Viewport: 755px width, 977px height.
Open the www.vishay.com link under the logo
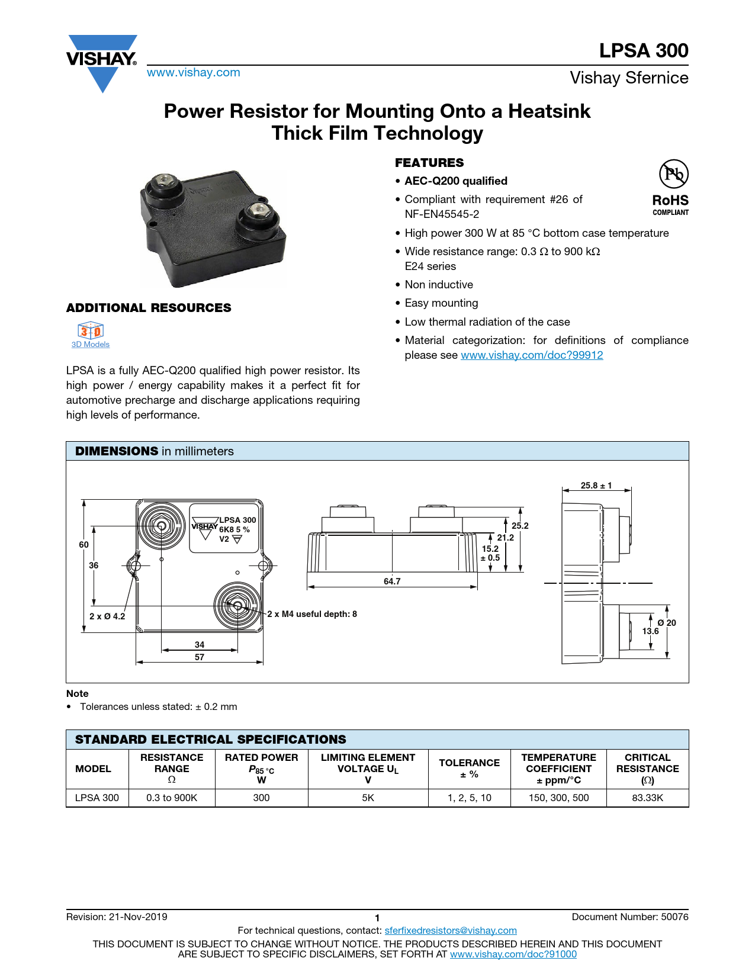pos(194,73)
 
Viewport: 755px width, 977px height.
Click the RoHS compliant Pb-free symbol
pos(673,174)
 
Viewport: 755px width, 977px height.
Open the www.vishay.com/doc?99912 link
pos(532,355)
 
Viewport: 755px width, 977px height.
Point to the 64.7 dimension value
pos(392,581)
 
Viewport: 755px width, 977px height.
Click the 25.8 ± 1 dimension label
pos(596,486)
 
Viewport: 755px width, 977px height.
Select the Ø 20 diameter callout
pos(666,623)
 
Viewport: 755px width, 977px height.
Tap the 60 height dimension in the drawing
pos(83,545)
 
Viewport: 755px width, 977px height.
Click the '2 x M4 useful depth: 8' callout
pos(312,614)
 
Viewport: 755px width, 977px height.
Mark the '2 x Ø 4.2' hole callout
pos(107,616)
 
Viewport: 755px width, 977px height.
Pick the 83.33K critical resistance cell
pos(647,798)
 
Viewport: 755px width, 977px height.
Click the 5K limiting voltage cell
pos(368,798)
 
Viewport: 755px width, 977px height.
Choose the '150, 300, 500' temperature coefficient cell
pos(558,798)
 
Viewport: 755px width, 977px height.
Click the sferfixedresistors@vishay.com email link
pos(451,931)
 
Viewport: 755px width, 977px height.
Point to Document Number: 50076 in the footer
pos(629,917)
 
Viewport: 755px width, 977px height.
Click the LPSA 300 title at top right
pos(643,51)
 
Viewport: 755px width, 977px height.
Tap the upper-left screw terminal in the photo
pos(162,185)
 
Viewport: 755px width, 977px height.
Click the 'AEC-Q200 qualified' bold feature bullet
pos(456,181)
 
